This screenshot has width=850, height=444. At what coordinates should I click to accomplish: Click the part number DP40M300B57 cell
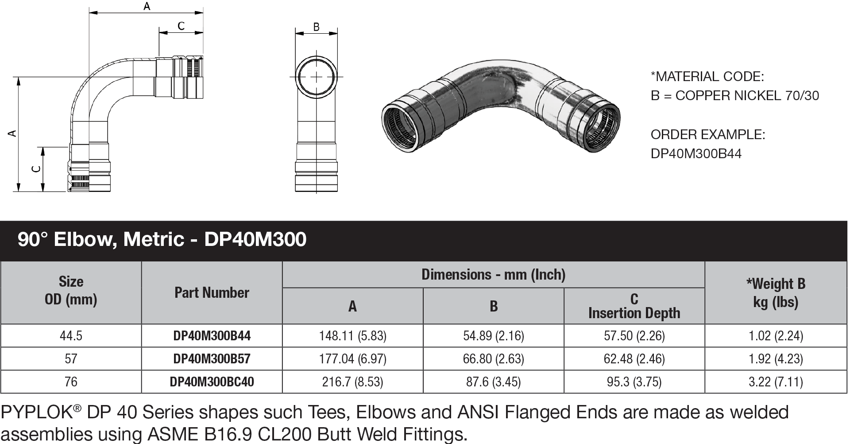tap(212, 358)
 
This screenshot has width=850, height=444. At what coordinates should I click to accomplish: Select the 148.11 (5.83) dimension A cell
tap(352, 336)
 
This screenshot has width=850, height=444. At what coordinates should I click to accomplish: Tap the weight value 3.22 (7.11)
tap(776, 382)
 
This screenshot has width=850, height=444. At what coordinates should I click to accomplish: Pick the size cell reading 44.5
tap(71, 336)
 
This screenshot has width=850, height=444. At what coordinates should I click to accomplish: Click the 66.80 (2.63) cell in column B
tap(493, 358)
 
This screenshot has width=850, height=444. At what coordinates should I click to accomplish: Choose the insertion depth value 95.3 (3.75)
tap(634, 382)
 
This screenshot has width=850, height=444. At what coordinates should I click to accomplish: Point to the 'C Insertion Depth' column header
tap(634, 306)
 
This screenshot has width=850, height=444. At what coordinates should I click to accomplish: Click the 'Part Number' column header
tap(212, 292)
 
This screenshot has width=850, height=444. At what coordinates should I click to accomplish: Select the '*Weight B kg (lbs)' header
tap(776, 292)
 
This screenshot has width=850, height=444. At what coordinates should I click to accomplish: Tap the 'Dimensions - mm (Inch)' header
tap(493, 275)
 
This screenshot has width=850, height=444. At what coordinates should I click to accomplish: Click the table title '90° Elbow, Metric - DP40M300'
tap(162, 239)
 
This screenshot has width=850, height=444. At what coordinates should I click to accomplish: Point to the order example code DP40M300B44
tap(696, 153)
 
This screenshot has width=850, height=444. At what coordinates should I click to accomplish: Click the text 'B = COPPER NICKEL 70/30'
tap(734, 95)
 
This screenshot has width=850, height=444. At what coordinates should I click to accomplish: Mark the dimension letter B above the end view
tap(316, 27)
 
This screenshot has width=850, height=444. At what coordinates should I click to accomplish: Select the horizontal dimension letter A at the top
tap(147, 6)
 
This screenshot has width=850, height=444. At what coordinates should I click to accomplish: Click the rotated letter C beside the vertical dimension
tap(37, 169)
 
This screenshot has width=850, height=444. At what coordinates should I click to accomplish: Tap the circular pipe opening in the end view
tap(316, 77)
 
